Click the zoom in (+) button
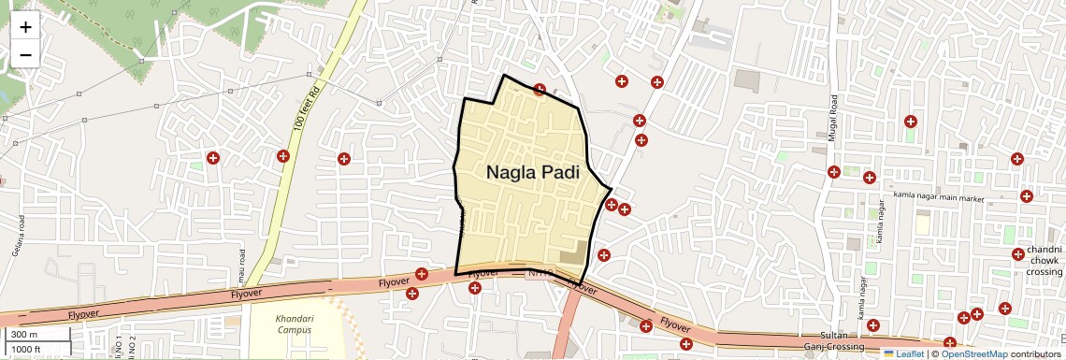tap(25, 27)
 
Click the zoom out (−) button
tap(25, 54)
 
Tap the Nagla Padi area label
tap(532, 173)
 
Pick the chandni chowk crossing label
tap(1044, 261)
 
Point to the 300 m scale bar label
tap(24, 335)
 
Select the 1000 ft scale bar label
tap(25, 349)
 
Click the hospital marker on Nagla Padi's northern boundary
tap(540, 90)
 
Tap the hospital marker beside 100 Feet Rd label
tap(283, 155)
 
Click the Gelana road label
tap(17, 237)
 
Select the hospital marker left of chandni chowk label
tap(1017, 254)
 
